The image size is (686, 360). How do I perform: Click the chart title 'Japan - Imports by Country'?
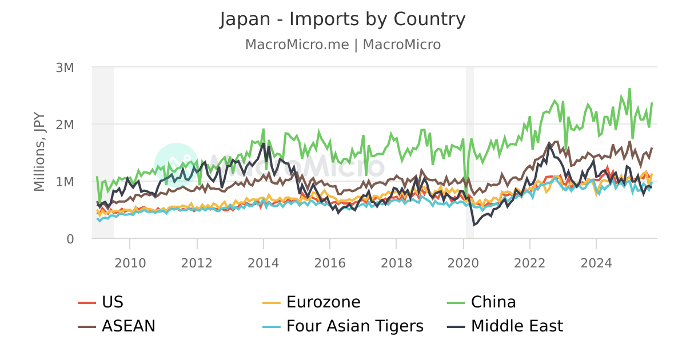click(342, 19)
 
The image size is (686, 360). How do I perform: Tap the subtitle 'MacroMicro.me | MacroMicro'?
click(342, 45)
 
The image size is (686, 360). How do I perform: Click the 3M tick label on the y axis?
click(65, 67)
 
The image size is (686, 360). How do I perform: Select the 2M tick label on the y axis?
click(65, 125)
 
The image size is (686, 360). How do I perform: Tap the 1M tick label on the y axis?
click(65, 182)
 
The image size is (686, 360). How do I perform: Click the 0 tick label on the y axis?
click(70, 239)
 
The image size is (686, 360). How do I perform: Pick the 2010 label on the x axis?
click(130, 263)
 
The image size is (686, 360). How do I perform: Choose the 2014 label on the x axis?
click(264, 263)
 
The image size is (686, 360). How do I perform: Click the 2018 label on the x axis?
click(397, 263)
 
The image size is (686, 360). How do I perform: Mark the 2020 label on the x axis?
click(463, 263)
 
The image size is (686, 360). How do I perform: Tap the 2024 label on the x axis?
click(596, 263)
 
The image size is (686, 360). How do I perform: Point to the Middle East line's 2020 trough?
click(473, 225)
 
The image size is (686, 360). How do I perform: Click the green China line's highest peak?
click(629, 89)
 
